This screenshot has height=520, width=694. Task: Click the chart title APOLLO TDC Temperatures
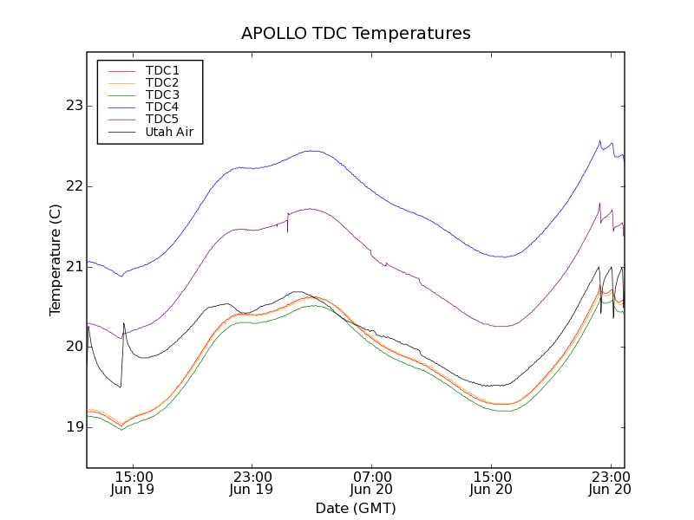tap(356, 34)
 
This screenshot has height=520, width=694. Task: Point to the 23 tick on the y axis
tap(73, 106)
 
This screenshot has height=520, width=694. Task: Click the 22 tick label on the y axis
tap(73, 186)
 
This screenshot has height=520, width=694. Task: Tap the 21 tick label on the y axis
tap(73, 266)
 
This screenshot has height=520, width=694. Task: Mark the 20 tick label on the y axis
tap(73, 347)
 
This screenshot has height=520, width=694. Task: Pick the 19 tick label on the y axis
tap(73, 426)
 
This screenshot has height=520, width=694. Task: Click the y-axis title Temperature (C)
tap(55, 260)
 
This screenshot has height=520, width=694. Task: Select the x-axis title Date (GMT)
tap(356, 508)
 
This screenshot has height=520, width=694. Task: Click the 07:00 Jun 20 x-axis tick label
tap(371, 483)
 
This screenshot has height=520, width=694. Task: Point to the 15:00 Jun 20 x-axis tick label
tap(491, 483)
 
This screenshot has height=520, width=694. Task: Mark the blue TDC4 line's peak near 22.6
tap(599, 141)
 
